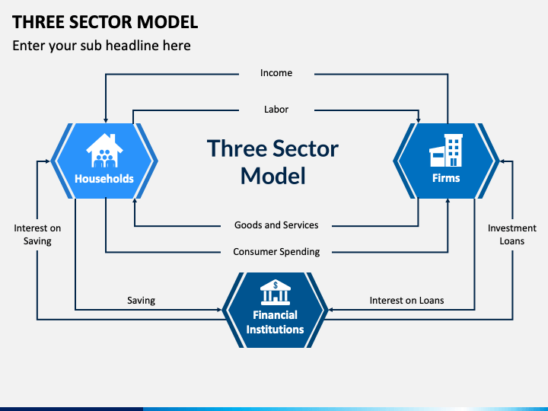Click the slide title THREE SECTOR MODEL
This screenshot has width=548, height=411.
[x=105, y=21]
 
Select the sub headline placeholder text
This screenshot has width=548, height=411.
[x=101, y=46]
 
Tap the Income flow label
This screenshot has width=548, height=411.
[x=276, y=73]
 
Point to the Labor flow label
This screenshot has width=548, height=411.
[x=276, y=110]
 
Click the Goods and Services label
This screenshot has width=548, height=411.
[x=276, y=225]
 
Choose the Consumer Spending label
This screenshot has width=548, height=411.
[x=276, y=252]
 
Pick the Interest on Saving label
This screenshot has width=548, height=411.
[x=37, y=234]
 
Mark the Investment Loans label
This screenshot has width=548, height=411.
[x=512, y=234]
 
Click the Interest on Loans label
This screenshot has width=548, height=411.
[x=406, y=301]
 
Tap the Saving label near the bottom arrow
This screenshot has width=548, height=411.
[x=141, y=301]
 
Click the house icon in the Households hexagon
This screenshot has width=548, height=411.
[x=104, y=150]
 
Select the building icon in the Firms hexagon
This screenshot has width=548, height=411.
[x=446, y=151]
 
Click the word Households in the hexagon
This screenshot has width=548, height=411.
[x=104, y=180]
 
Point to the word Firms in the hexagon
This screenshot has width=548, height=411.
[x=446, y=179]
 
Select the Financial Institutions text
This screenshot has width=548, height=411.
[x=275, y=322]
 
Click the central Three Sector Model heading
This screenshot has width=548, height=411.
[x=272, y=161]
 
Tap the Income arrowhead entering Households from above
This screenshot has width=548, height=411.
[x=106, y=119]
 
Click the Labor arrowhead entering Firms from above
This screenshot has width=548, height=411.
[x=419, y=119]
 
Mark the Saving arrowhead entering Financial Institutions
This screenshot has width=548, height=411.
[x=221, y=310]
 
